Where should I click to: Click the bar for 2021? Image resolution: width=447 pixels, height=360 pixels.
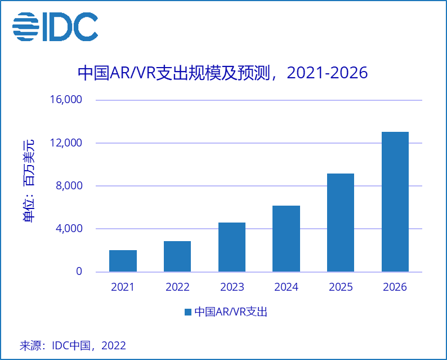(123, 261)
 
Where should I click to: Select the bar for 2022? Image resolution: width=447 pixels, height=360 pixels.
(177, 256)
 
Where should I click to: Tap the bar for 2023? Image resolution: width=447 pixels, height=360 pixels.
(232, 247)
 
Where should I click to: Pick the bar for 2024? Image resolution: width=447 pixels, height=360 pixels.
(287, 238)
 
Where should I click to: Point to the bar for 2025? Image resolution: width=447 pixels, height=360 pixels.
(341, 223)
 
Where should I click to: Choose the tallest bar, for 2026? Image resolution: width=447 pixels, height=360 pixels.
(395, 202)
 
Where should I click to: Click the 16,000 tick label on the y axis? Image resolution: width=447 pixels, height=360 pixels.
(66, 100)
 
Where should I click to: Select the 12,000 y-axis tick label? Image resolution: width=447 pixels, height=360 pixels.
(66, 143)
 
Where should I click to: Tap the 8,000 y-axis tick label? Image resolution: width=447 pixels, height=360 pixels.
(69, 186)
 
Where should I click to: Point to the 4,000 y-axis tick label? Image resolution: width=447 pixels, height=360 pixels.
(69, 229)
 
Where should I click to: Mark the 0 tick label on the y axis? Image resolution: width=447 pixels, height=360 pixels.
(79, 272)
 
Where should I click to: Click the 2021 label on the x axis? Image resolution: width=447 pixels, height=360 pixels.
(123, 287)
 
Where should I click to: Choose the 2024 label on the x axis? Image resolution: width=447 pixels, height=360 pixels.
(287, 287)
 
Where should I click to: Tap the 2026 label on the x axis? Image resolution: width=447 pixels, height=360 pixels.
(395, 287)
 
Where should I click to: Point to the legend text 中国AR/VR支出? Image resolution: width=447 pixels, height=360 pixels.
(230, 312)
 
